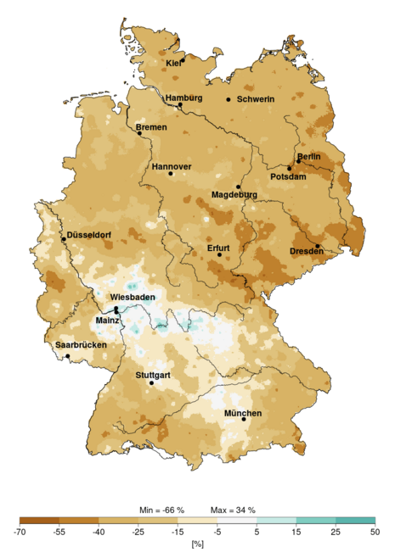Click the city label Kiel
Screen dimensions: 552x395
click(x=174, y=63)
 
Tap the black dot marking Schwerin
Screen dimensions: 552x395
click(x=228, y=100)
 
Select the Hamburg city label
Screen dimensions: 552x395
click(x=184, y=98)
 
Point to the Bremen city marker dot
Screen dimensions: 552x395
click(x=139, y=133)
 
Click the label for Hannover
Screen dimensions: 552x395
click(x=172, y=166)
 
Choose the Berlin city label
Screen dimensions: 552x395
click(x=308, y=157)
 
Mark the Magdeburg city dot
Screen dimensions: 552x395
click(x=238, y=187)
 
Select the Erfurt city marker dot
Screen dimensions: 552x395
click(x=219, y=254)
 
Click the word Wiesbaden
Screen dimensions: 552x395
click(x=132, y=298)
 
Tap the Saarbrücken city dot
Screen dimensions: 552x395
click(x=68, y=356)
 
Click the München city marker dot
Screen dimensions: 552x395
click(x=244, y=419)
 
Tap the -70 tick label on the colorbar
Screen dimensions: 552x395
click(x=20, y=532)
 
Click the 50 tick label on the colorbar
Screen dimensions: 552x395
click(x=375, y=532)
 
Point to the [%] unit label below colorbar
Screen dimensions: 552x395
click(x=197, y=543)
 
